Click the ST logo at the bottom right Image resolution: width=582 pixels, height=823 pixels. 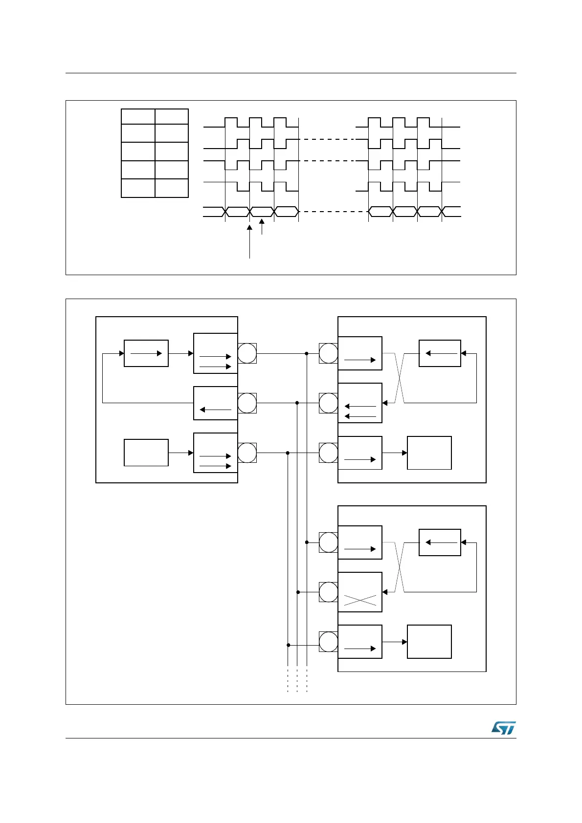click(503, 728)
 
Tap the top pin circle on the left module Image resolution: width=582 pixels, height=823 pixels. click(247, 353)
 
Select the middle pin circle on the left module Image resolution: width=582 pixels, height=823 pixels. click(247, 403)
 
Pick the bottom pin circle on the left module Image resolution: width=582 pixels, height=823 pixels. click(247, 453)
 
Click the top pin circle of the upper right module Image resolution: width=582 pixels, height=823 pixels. click(328, 353)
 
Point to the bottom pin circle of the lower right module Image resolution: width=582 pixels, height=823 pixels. click(328, 642)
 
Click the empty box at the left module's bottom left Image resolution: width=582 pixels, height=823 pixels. click(146, 453)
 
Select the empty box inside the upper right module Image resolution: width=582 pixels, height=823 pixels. click(429, 453)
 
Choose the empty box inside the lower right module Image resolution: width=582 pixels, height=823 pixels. click(429, 642)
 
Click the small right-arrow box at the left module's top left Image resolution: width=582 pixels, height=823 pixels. click(146, 353)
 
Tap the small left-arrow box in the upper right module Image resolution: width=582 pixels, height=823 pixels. click(440, 353)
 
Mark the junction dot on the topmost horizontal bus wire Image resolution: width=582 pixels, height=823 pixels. click(306, 353)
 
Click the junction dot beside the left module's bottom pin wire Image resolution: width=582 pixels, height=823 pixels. click(288, 453)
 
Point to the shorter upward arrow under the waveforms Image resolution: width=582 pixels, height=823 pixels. click(262, 227)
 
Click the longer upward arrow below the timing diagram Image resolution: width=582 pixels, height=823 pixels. click(249, 241)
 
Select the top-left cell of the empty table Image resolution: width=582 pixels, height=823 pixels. click(138, 116)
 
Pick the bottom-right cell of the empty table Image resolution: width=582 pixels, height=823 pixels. click(172, 188)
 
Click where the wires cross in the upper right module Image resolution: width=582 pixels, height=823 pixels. click(400, 378)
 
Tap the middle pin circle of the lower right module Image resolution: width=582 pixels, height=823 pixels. click(328, 592)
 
